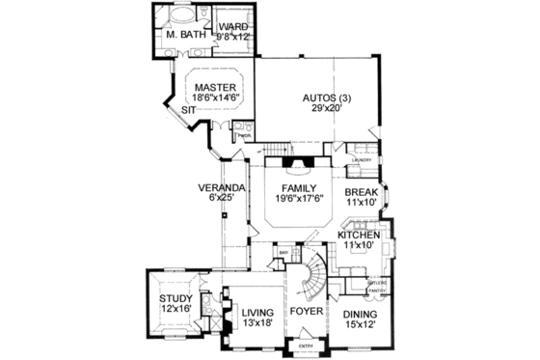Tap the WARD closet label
[233, 25]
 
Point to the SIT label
[190, 112]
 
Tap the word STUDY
[176, 298]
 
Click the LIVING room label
[257, 313]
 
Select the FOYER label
[306, 313]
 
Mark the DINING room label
[359, 315]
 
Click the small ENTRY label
[305, 346]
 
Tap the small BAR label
[284, 255]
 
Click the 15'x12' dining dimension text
[359, 325]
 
